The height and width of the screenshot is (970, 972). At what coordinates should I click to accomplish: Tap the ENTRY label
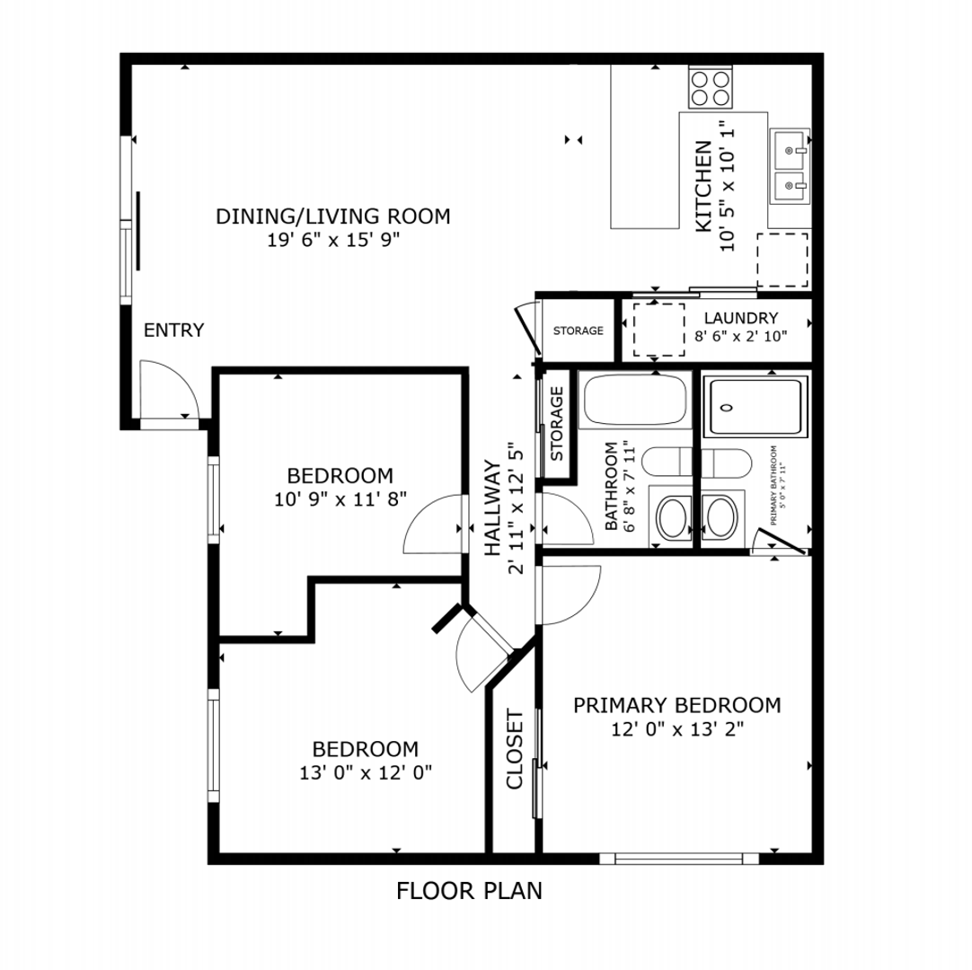(174, 331)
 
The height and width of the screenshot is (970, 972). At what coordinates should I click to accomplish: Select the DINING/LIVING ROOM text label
(332, 216)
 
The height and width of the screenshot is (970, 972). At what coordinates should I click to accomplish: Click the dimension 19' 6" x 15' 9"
(332, 240)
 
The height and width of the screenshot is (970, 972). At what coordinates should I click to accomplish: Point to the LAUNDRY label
(740, 318)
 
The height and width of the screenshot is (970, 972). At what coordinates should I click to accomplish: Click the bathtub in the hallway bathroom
(634, 401)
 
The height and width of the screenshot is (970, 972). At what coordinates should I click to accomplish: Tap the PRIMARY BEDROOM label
(676, 705)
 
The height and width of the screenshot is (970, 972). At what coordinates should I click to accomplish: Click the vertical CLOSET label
(515, 749)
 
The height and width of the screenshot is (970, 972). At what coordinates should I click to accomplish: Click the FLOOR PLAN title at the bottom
(469, 891)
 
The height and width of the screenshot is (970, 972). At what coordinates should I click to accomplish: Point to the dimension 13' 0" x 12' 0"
(366, 772)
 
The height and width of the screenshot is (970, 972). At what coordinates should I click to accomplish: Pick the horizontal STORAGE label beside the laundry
(578, 331)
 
